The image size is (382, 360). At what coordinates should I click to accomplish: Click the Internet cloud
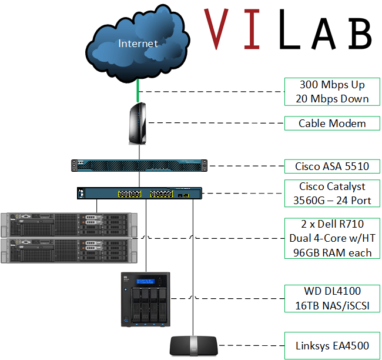click(138, 44)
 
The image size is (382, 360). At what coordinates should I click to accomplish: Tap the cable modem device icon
click(138, 124)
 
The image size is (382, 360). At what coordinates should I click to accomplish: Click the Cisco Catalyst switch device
click(139, 193)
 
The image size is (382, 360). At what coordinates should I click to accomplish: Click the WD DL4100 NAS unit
click(145, 300)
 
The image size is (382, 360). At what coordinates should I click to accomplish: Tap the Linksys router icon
click(193, 345)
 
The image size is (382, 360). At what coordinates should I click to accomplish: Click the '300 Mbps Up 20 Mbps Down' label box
click(334, 92)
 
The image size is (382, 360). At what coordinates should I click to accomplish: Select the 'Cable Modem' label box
click(332, 124)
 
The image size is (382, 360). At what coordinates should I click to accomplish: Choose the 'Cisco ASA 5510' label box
click(332, 166)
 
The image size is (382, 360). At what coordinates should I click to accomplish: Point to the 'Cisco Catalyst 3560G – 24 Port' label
click(332, 194)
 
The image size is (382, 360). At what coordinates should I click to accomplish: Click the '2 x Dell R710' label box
click(332, 238)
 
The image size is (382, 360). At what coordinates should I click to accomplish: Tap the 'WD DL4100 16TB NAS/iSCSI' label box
click(332, 298)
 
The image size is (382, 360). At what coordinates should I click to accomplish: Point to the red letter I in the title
click(254, 28)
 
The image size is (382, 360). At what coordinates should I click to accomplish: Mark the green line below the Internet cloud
click(138, 91)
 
